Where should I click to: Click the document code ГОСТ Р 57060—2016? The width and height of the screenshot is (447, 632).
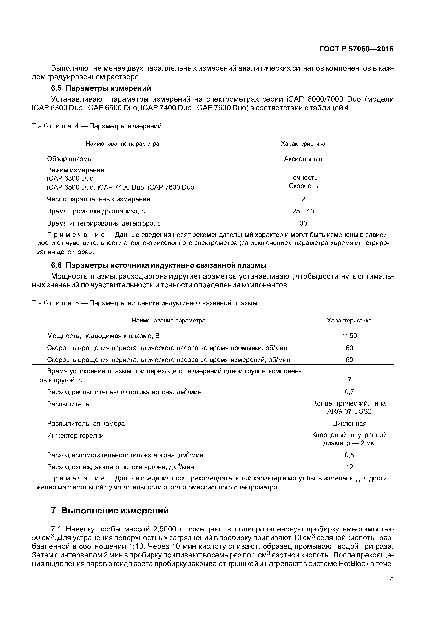[356, 49]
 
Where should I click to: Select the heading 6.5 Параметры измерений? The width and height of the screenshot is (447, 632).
[101, 88]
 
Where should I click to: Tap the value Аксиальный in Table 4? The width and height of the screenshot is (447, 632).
[303, 159]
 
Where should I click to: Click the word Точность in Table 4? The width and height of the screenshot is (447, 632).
[303, 177]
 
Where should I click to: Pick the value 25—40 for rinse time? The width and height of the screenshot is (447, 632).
[303, 211]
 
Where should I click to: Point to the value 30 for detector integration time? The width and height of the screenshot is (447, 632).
[303, 223]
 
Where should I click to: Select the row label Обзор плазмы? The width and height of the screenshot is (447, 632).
[70, 159]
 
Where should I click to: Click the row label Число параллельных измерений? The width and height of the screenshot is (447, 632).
[98, 199]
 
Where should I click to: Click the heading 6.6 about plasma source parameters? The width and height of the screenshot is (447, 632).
[159, 265]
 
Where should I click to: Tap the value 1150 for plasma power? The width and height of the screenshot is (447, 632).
[349, 335]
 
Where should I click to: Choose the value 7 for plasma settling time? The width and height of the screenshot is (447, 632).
[349, 380]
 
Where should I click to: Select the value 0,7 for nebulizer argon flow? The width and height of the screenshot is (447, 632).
[349, 392]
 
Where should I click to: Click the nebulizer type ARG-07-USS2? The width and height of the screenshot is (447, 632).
[349, 411]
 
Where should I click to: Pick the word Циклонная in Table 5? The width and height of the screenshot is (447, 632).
[349, 423]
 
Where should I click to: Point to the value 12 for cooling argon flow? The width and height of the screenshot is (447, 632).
[349, 467]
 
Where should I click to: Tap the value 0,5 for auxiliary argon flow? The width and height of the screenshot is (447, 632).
[349, 455]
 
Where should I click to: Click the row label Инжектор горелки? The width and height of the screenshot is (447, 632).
[75, 435]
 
